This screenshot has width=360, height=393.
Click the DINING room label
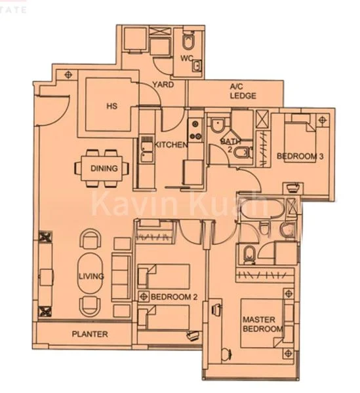pos(104,168)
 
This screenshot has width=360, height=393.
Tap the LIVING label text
pos(90,276)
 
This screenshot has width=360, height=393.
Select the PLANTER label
pos(90,334)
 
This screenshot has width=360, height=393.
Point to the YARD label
pos(162,85)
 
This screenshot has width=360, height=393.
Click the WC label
pos(186,57)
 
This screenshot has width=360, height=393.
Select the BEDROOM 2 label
pos(174,297)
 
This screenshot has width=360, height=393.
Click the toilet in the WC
pos(188,43)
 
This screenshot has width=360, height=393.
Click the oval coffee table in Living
pos(91,275)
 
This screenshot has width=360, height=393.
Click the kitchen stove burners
pos(193,124)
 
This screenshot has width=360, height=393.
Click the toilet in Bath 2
pos(241,153)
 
